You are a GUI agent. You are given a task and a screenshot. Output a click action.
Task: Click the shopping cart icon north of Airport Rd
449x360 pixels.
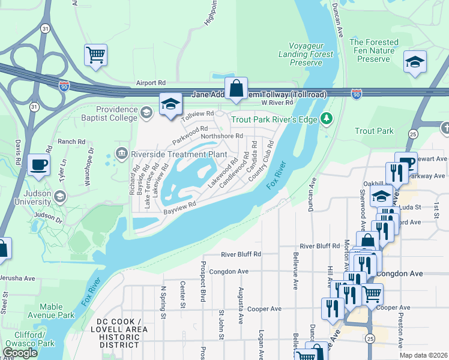pos(95,55)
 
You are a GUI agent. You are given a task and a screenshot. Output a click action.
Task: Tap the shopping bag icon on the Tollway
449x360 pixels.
pos(237,88)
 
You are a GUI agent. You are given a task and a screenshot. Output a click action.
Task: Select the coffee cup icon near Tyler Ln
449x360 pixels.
pos(39,164)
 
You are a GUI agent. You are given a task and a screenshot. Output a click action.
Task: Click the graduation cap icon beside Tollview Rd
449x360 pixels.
pos(170,104)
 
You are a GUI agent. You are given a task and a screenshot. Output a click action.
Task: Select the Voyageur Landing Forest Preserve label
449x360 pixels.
pos(312,53)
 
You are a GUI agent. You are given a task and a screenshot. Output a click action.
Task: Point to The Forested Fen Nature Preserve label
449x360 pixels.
pos(374,50)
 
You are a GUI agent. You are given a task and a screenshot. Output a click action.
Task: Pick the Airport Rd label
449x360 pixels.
pos(151,83)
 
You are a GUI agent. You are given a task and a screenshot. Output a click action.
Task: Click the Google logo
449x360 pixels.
pos(20,353)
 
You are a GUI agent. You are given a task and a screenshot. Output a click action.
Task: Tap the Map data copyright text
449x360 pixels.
pos(423,355)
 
